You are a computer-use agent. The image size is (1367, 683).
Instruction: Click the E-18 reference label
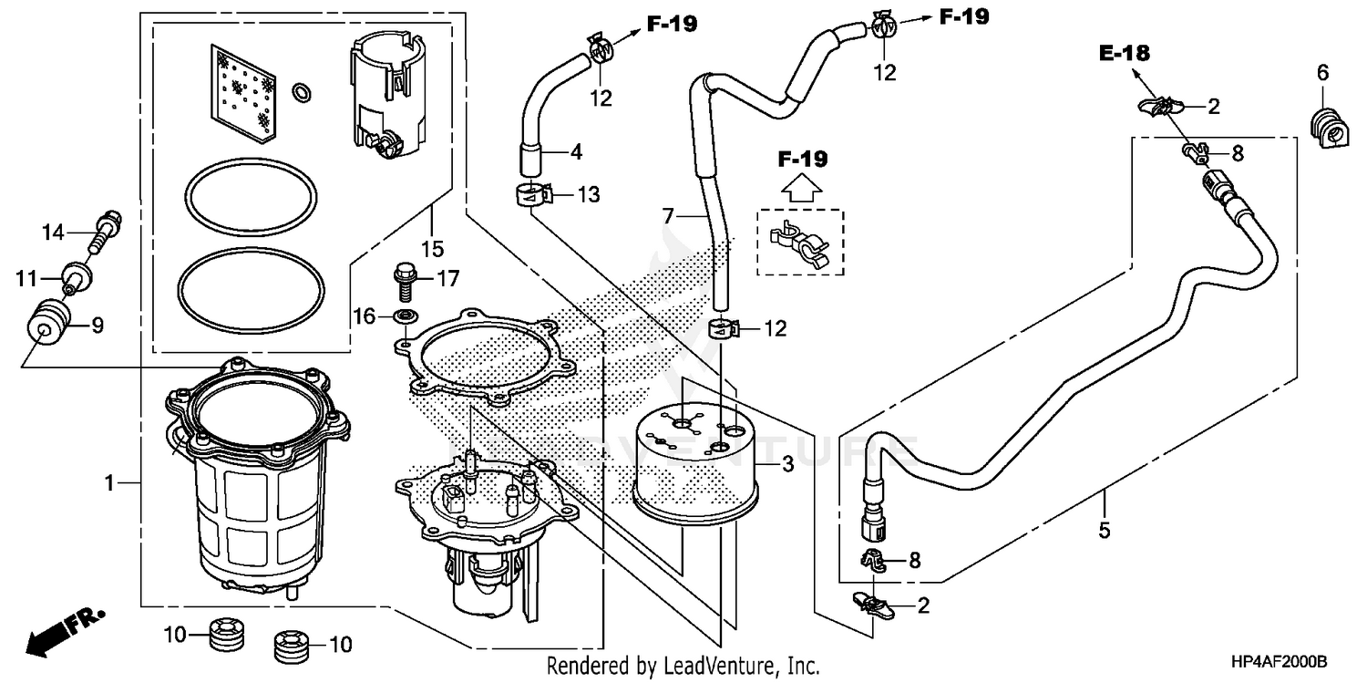pos(1124,54)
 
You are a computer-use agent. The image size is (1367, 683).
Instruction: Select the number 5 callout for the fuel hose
pos(1105,530)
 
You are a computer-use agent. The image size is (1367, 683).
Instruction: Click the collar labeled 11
pos(75,274)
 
